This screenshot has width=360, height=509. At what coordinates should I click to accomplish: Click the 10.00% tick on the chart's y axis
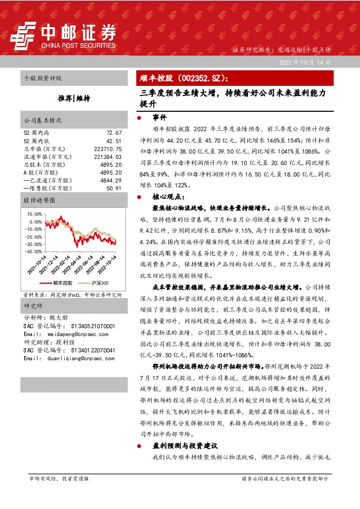coord(34,214)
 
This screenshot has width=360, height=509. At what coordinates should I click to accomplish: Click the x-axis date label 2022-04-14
coord(73,267)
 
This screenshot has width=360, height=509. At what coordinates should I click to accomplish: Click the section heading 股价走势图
coord(39,199)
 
